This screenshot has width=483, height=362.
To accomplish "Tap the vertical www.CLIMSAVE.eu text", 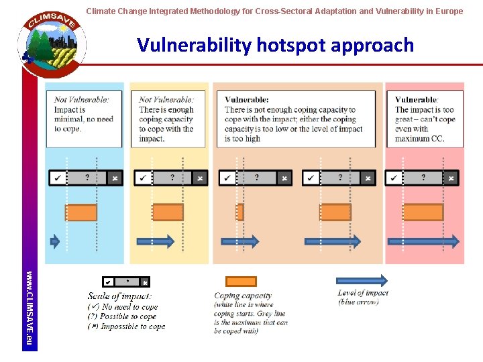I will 29,309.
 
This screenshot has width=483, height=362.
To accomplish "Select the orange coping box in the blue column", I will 81,213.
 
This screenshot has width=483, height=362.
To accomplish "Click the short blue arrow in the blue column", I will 56,241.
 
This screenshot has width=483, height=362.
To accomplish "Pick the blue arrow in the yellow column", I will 155,241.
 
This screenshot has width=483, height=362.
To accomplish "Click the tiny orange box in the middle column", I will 240,213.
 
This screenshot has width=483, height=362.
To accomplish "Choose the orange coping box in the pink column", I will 419,213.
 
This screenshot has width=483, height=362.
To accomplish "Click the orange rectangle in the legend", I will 241,282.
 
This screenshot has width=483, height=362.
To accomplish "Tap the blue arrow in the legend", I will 362,280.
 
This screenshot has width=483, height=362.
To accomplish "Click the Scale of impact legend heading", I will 119,296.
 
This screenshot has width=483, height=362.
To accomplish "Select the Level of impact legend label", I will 363,293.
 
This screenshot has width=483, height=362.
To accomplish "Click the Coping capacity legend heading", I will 243,296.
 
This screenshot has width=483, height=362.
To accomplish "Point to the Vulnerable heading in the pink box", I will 417,100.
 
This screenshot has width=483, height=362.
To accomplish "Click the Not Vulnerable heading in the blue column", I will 82,100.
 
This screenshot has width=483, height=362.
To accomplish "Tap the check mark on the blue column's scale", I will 58,178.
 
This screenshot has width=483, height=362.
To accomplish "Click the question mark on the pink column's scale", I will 423,178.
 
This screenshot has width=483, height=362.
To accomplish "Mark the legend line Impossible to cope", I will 127,326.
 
